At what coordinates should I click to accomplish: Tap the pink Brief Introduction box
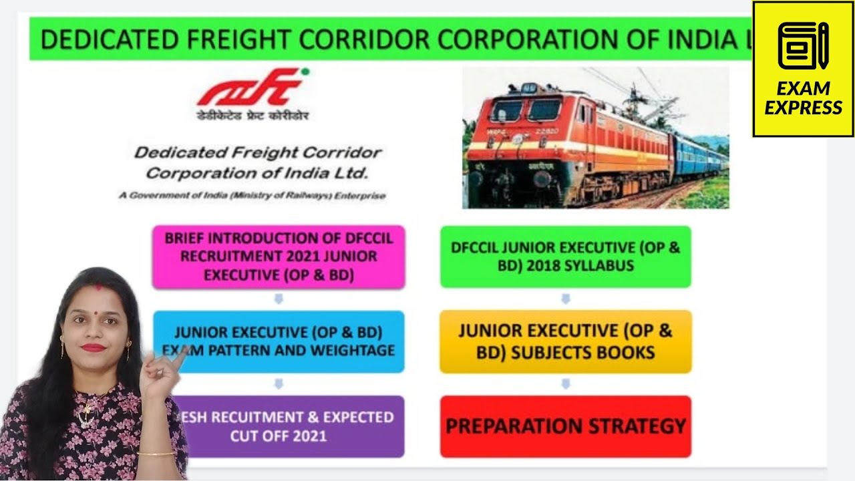(x=279, y=257)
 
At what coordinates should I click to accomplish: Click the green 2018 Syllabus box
(x=565, y=257)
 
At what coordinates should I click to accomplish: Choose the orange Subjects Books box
(x=565, y=341)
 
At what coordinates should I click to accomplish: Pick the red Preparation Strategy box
(x=565, y=426)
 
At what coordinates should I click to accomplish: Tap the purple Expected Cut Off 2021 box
(x=287, y=426)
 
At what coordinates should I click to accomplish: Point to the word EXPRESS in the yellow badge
(x=803, y=108)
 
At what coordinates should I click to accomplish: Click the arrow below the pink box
(x=279, y=299)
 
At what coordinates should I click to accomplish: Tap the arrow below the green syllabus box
(x=565, y=299)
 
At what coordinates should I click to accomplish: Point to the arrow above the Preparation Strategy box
(x=565, y=384)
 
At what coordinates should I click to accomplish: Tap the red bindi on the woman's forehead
(x=98, y=289)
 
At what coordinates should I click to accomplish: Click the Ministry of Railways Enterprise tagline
(x=252, y=196)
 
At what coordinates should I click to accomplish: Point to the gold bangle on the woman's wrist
(x=156, y=454)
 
